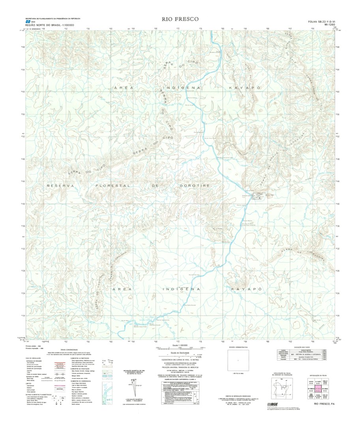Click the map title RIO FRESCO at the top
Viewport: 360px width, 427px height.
(180, 19)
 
